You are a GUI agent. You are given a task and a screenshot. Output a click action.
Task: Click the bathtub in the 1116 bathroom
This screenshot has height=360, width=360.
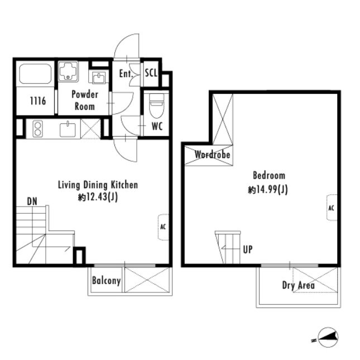point(35,74)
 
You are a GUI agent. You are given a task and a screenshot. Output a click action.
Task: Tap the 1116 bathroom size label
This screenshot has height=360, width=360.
point(38,100)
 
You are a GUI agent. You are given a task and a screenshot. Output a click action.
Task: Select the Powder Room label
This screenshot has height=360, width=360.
point(85,100)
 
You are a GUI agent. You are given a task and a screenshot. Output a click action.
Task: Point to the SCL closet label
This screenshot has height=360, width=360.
point(151,73)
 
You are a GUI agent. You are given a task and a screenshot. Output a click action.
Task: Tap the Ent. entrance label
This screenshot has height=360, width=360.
point(126,74)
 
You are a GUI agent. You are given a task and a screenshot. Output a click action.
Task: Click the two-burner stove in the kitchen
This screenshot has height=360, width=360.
point(37,129)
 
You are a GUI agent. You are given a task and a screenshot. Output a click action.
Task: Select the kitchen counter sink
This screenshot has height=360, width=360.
point(68,129)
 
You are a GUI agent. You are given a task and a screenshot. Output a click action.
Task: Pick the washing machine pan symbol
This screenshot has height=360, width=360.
point(68,71)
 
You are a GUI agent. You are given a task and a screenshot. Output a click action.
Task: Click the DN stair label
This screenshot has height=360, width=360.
point(32,201)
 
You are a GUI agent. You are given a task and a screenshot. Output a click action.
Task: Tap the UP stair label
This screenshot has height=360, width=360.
point(248,249)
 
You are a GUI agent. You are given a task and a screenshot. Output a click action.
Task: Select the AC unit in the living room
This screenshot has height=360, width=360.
point(163,227)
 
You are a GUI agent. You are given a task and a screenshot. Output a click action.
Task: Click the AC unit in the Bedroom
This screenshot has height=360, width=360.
point(332,208)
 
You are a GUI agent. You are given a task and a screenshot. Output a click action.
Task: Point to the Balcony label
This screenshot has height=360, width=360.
point(106,281)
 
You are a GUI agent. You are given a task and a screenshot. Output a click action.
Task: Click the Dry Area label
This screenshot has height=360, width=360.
point(298,285)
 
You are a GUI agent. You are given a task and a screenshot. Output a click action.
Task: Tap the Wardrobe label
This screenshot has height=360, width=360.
point(212,155)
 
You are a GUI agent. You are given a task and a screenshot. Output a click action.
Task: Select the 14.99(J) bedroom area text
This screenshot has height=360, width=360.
point(272,190)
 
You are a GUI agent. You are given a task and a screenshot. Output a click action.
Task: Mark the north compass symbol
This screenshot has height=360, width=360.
point(328,337)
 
